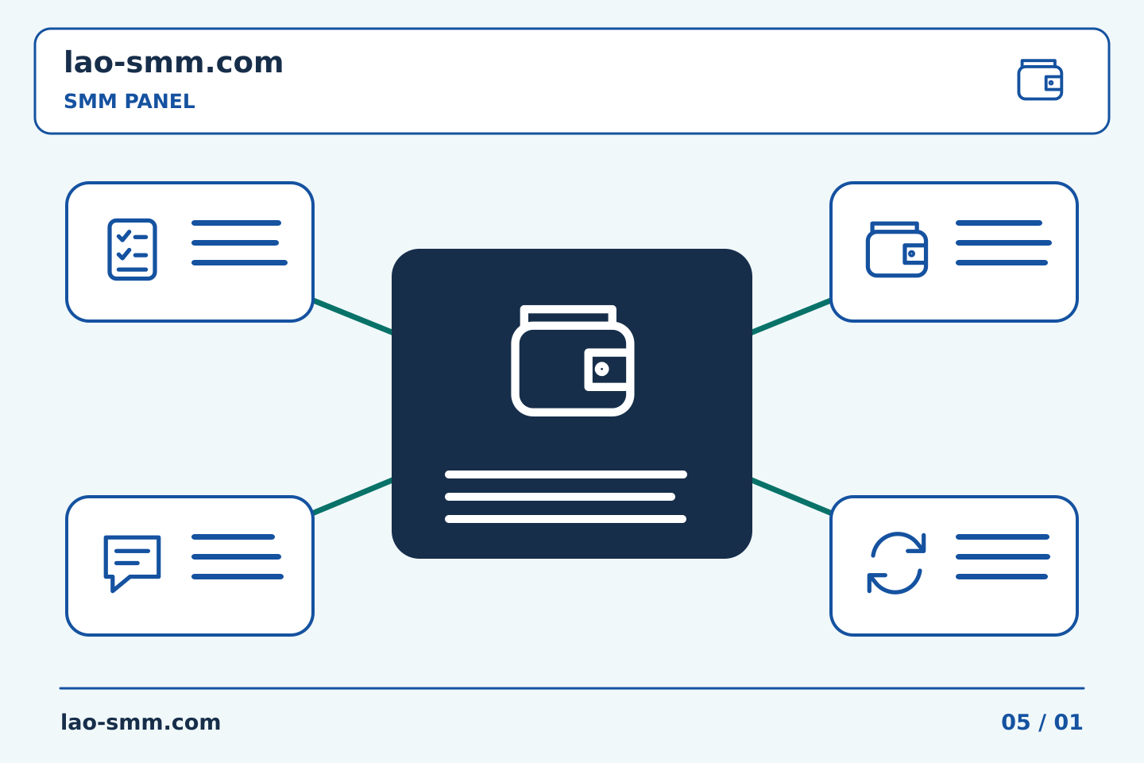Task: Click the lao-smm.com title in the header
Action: (173, 62)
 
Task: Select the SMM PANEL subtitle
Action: (129, 101)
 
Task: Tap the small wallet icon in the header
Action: (1040, 79)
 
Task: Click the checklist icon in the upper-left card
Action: (132, 250)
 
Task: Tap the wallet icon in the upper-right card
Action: (897, 250)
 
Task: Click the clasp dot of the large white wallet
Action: (601, 369)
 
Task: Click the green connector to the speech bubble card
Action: (353, 496)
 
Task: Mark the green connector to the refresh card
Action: (791, 496)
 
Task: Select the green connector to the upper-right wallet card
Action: (791, 317)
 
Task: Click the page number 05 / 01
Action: (1042, 722)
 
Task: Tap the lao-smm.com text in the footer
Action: (141, 722)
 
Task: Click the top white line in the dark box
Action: (566, 474)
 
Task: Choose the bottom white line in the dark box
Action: (566, 519)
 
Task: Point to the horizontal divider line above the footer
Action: (572, 688)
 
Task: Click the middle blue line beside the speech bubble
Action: (237, 557)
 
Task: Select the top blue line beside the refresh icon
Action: (1003, 537)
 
